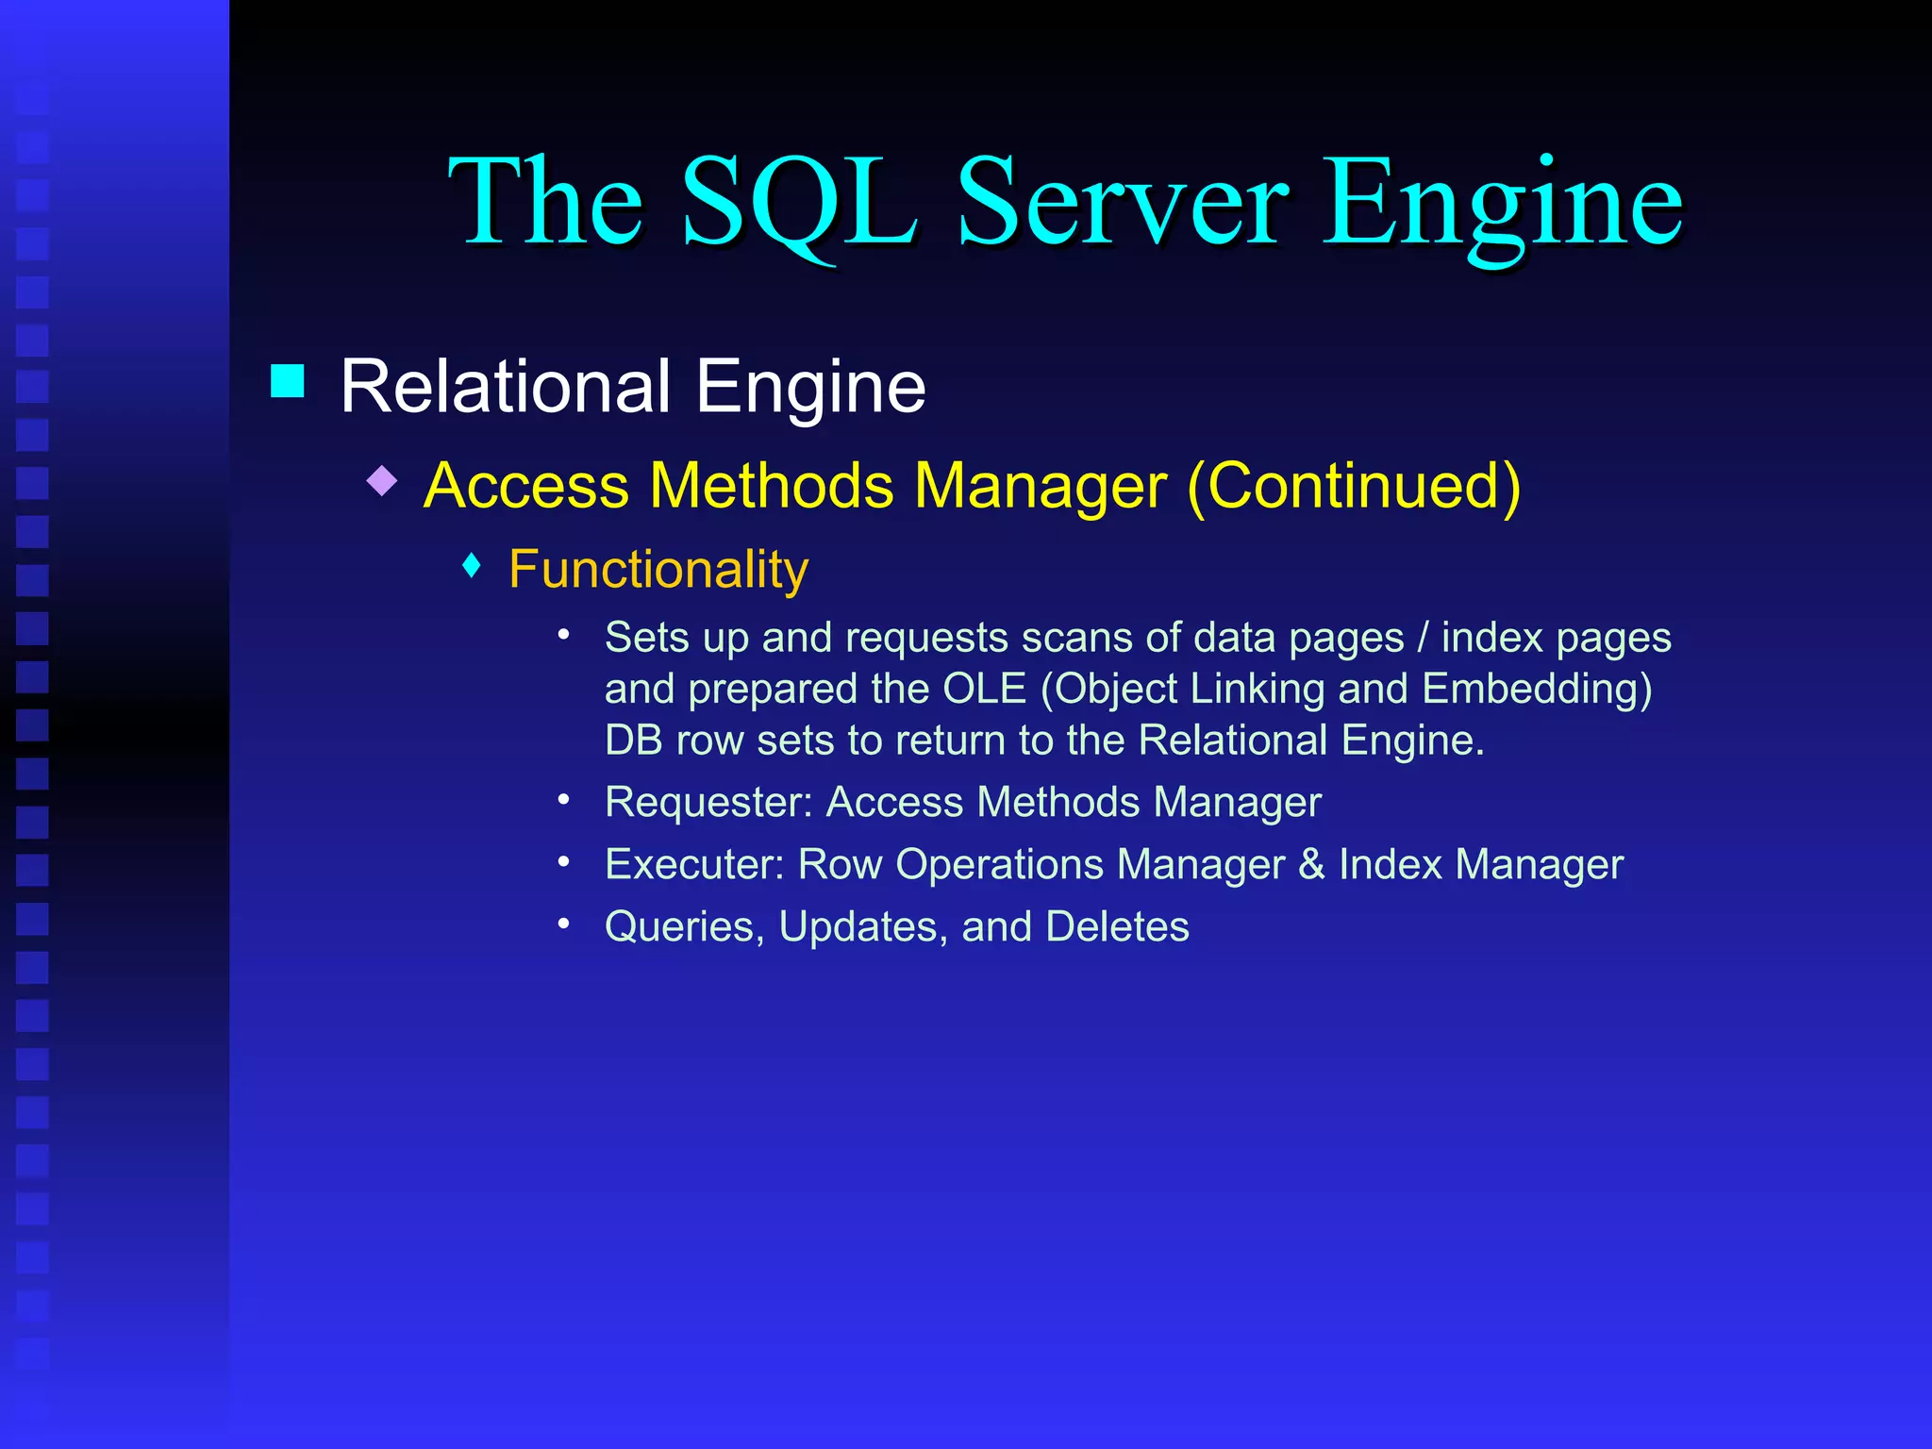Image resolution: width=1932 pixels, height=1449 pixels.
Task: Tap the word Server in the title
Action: pyautogui.click(x=1122, y=203)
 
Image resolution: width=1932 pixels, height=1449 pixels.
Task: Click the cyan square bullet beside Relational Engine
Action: pyautogui.click(x=288, y=381)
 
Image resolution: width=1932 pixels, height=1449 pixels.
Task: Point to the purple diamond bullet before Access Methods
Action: pyautogui.click(x=382, y=481)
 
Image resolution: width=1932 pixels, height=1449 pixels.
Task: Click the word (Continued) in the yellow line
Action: pyautogui.click(x=1354, y=486)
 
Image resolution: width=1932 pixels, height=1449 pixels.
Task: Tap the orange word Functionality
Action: pyautogui.click(x=658, y=570)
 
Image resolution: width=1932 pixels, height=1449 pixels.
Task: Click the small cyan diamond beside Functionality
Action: pyautogui.click(x=473, y=566)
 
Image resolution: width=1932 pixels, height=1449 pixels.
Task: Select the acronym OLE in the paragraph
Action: pyautogui.click(x=984, y=689)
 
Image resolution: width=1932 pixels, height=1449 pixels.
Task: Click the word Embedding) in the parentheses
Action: pyautogui.click(x=1537, y=689)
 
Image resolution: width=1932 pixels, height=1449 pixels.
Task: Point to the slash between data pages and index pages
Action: pyautogui.click(x=1423, y=638)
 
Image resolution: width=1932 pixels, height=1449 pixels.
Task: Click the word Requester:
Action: pyautogui.click(x=708, y=803)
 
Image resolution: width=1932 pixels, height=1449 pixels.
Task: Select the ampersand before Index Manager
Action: pyautogui.click(x=1311, y=865)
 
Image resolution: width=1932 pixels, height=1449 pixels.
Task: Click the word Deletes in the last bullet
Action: pyautogui.click(x=1117, y=927)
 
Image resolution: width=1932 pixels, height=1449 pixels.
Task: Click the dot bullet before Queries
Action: pyautogui.click(x=564, y=924)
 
